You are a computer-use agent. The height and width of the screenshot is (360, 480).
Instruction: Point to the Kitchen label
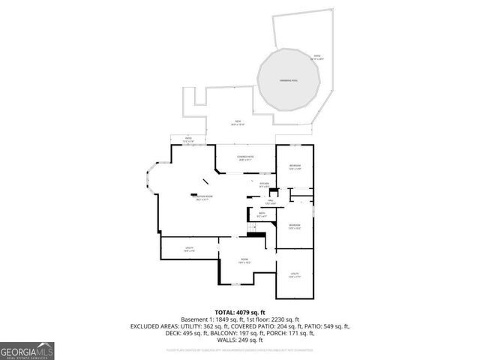(x=264, y=184)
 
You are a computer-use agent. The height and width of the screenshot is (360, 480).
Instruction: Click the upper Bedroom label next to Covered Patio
(x=295, y=166)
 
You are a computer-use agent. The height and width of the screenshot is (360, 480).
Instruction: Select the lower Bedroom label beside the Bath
(x=294, y=226)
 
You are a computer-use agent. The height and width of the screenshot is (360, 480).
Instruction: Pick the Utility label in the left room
(x=190, y=249)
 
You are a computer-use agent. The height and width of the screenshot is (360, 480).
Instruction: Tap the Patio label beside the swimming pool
(x=317, y=57)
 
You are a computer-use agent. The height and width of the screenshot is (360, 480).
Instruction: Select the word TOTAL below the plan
(x=225, y=312)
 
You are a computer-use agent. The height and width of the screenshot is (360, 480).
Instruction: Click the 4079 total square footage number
(x=244, y=312)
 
